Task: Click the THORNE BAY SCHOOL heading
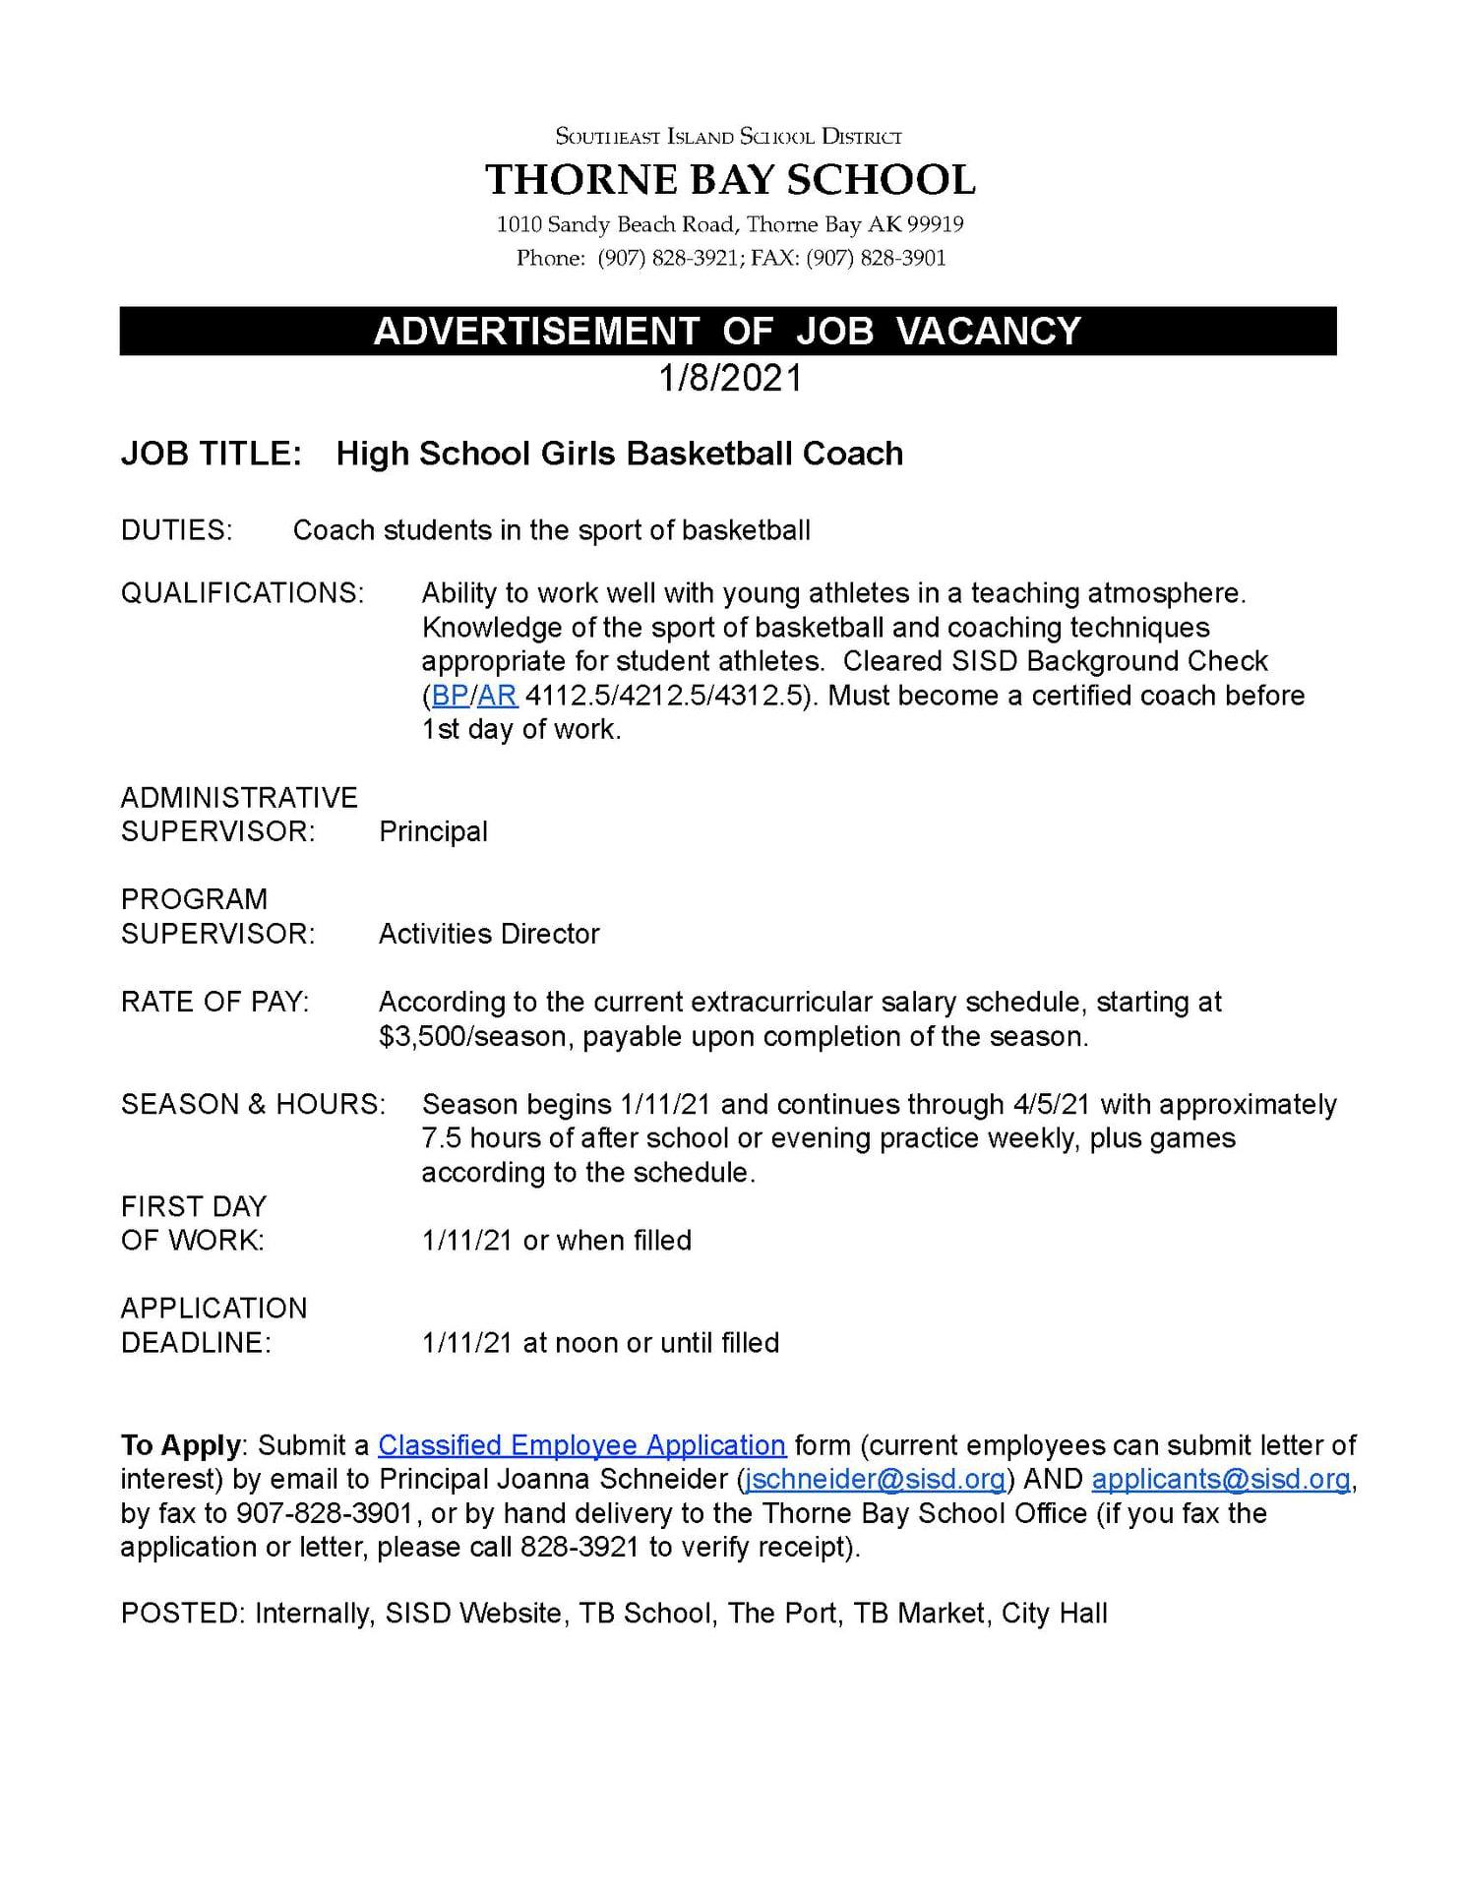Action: pos(729,180)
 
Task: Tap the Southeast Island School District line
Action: pos(729,137)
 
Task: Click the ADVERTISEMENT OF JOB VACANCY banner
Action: pos(727,331)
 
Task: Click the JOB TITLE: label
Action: pos(211,454)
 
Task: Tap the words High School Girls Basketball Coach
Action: pos(619,454)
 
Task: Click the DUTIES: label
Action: pos(177,530)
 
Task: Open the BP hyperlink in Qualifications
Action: pos(451,696)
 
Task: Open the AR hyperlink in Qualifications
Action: pos(497,696)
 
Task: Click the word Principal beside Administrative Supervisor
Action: pos(433,831)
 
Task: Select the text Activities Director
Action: pos(489,934)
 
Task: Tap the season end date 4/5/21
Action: pos(1054,1104)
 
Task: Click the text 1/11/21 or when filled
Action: pos(556,1241)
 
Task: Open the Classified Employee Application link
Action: pos(581,1445)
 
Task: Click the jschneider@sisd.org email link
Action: pos(875,1480)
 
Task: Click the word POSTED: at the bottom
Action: pos(182,1614)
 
